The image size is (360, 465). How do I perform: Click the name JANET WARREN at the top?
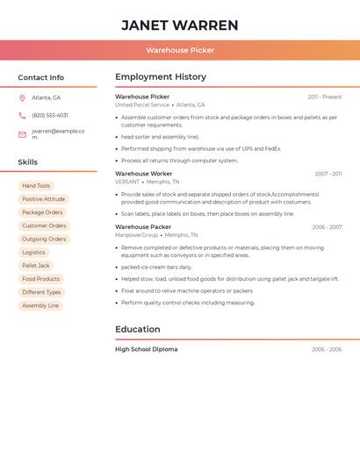179,25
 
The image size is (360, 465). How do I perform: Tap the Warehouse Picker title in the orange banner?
180,50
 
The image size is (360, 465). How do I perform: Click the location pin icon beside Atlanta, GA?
22,97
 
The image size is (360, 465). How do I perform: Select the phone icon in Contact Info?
22,115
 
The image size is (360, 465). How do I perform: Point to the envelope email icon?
22,134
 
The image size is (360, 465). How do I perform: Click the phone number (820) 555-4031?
50,115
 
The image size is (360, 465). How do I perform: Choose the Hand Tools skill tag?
36,186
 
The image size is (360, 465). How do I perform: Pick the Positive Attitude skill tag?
44,199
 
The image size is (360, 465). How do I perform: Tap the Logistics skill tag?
33,253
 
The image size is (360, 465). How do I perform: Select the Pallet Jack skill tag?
36,266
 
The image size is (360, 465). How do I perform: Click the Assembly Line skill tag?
40,305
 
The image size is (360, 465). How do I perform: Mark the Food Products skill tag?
41,279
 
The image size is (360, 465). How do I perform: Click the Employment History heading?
161,77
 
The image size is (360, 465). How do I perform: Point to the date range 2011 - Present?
324,97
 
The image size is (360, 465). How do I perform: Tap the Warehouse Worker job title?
144,174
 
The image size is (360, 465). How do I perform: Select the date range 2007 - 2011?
328,174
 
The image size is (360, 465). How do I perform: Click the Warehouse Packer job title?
143,227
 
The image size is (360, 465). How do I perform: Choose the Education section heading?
138,330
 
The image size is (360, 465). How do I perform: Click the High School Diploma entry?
147,349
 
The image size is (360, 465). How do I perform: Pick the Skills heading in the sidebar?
28,162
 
